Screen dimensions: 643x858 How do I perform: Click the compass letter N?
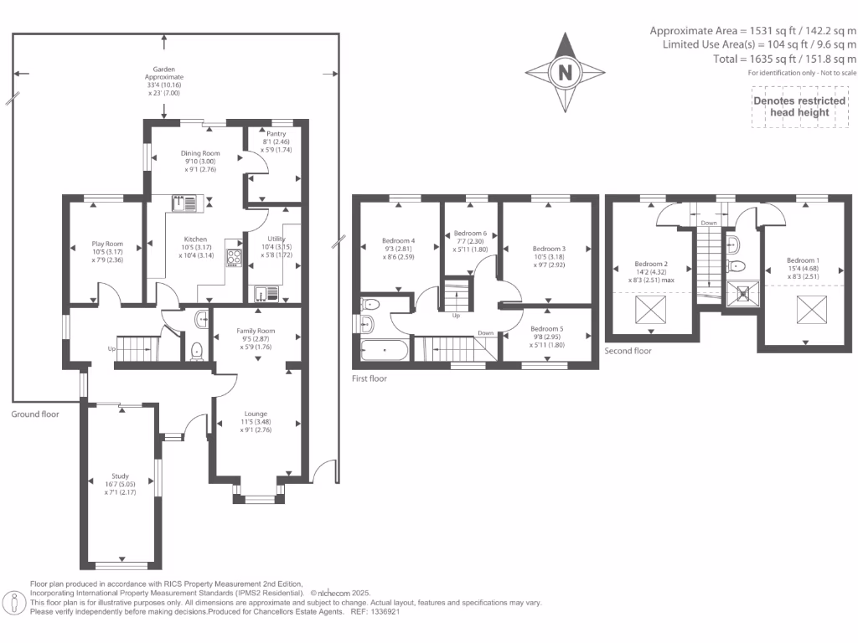coord(566,73)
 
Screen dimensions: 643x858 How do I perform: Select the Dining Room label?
coord(200,153)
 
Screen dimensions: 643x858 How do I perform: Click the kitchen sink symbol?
coord(184,202)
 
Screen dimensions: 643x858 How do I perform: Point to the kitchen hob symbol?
coord(234,258)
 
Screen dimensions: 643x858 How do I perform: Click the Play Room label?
coord(107,244)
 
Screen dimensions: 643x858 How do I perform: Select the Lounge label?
coord(256,414)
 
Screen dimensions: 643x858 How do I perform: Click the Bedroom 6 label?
coord(470,234)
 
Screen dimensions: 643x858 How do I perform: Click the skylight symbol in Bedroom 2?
coord(649,313)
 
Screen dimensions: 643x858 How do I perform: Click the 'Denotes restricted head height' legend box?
coord(799,106)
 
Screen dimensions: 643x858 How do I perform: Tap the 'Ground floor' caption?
coord(35,414)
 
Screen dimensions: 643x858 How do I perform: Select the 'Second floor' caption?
coord(628,351)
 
